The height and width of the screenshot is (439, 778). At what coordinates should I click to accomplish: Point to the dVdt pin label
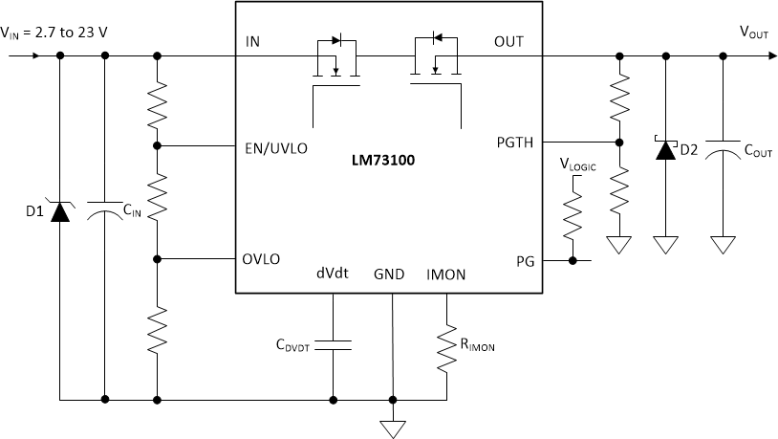click(x=332, y=274)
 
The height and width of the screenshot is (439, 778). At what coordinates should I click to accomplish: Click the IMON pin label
click(x=446, y=274)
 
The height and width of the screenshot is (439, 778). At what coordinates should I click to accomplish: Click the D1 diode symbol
click(x=60, y=210)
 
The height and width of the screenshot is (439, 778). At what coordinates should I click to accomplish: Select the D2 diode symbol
click(x=662, y=150)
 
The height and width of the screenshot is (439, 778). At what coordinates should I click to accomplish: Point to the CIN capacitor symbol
click(x=105, y=210)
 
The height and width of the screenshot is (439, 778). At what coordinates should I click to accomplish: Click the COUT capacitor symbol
click(x=724, y=150)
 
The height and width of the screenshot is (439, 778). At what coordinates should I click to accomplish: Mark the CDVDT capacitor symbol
click(x=333, y=342)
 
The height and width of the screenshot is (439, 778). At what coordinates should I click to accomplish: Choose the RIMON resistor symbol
click(x=446, y=349)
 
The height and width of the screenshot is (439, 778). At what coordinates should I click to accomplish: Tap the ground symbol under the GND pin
click(x=392, y=428)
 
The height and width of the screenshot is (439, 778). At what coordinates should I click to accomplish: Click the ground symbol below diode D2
click(x=662, y=245)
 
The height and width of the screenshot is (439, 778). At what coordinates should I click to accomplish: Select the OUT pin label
click(x=508, y=41)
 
